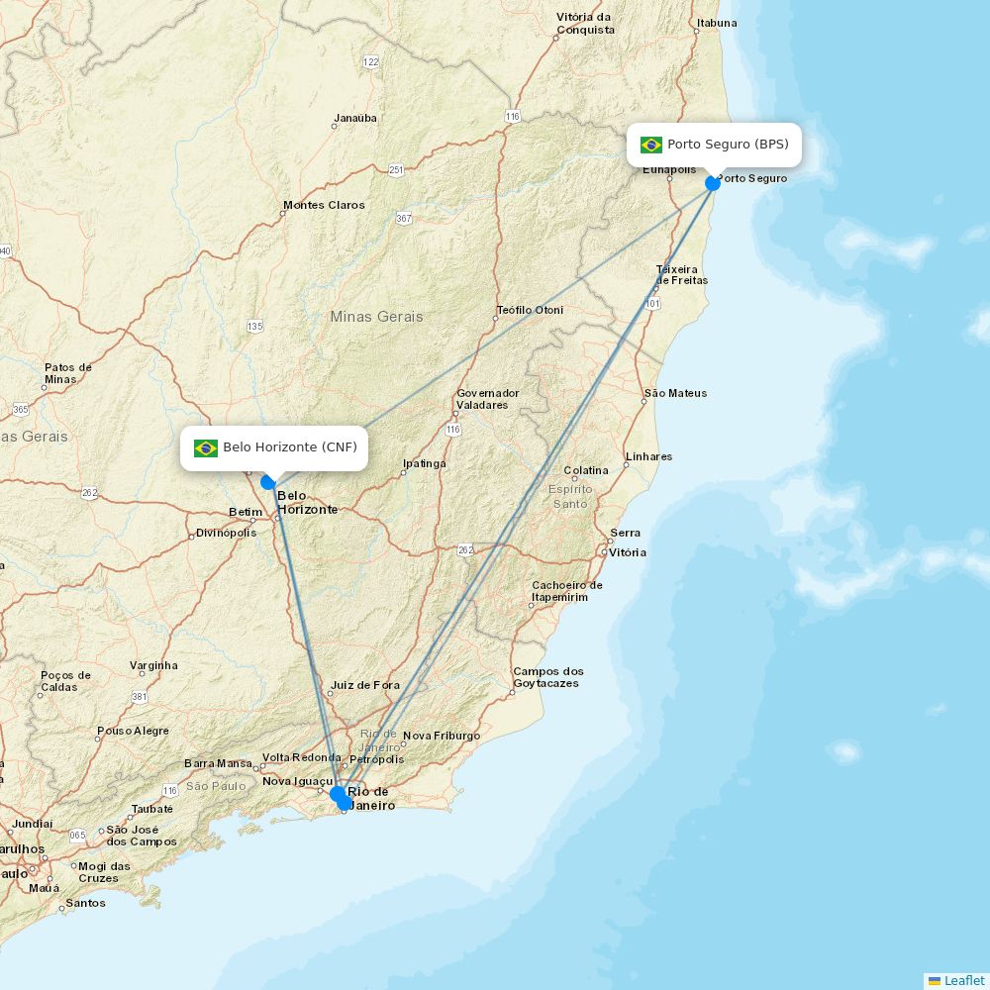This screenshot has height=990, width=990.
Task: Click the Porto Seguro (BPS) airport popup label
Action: pyautogui.click(x=727, y=145)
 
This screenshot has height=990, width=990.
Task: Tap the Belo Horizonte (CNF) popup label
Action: pyautogui.click(x=289, y=447)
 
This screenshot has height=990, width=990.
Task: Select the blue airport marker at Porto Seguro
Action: pyautogui.click(x=713, y=183)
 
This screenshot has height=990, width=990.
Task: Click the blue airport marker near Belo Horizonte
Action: pyautogui.click(x=268, y=482)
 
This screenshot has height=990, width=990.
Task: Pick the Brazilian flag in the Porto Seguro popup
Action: pyautogui.click(x=651, y=145)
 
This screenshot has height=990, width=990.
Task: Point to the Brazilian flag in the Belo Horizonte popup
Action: pyautogui.click(x=206, y=448)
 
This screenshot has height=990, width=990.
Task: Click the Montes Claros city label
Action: pyautogui.click(x=324, y=206)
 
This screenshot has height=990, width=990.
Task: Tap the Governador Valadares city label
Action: pyautogui.click(x=487, y=399)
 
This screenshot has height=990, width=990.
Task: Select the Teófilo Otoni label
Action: pyautogui.click(x=530, y=310)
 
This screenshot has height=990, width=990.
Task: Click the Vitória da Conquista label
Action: pyautogui.click(x=585, y=24)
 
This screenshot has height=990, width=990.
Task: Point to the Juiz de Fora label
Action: pyautogui.click(x=364, y=685)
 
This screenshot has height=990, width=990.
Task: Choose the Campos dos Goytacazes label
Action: pyautogui.click(x=547, y=677)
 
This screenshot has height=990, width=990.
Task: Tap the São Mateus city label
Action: pyautogui.click(x=675, y=393)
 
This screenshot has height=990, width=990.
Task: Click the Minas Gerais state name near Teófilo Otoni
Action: pyautogui.click(x=376, y=317)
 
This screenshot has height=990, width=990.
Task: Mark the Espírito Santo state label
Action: pyautogui.click(x=570, y=496)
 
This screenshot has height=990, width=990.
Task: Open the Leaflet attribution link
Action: pyautogui.click(x=963, y=980)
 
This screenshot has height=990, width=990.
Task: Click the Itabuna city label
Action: pyautogui.click(x=716, y=23)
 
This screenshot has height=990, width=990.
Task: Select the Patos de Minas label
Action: pyautogui.click(x=67, y=373)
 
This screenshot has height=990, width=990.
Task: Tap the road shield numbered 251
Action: pyautogui.click(x=396, y=170)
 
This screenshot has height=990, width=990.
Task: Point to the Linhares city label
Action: pyautogui.click(x=648, y=456)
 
